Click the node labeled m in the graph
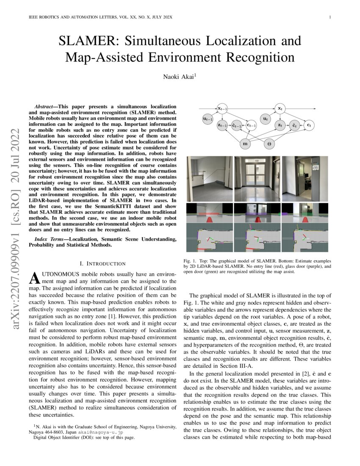tap(245, 144)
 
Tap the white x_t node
tap(279, 109)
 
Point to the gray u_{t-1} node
tap(208, 120)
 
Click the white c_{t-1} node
tap(251, 125)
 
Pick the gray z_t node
tap(280, 125)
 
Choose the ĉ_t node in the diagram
tap(294, 125)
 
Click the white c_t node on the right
tap(310, 125)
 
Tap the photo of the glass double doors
tap(257, 178)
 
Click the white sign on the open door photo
tap(316, 168)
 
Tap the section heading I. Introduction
tap(103, 264)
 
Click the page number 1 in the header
tap(330, 17)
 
